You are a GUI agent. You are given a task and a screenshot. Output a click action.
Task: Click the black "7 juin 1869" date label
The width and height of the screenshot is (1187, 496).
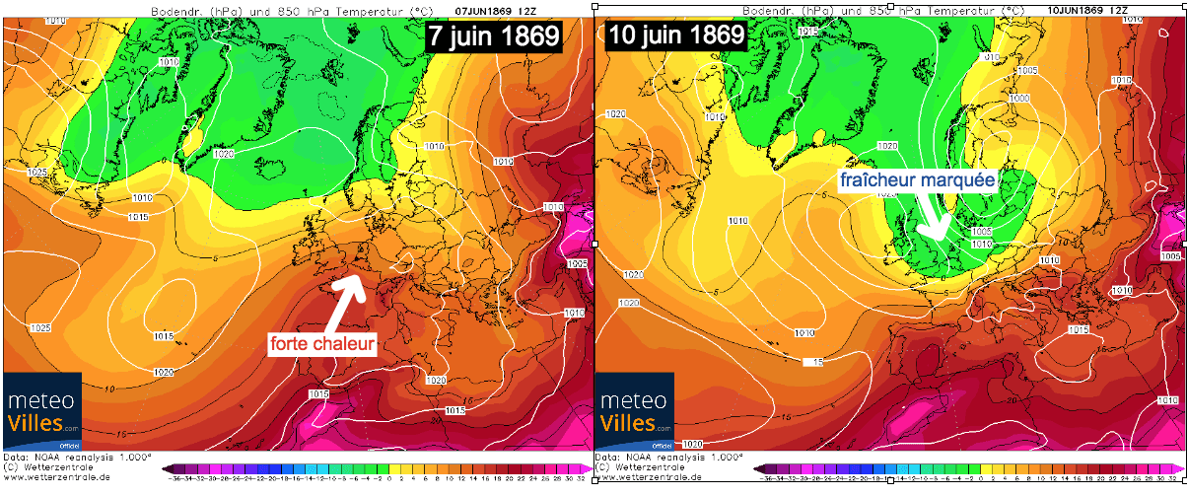(x=493, y=36)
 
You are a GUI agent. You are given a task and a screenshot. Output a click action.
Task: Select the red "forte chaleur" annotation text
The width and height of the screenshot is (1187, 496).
(x=323, y=344)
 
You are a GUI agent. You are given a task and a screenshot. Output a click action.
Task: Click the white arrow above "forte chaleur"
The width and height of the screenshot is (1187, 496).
(x=341, y=301)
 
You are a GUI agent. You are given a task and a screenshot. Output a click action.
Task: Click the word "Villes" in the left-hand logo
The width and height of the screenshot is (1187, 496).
(x=36, y=423)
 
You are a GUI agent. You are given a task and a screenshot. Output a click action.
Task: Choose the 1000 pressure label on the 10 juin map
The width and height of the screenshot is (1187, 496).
(x=1018, y=99)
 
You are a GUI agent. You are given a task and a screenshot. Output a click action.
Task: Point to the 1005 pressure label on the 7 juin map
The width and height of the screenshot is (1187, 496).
(x=578, y=263)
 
